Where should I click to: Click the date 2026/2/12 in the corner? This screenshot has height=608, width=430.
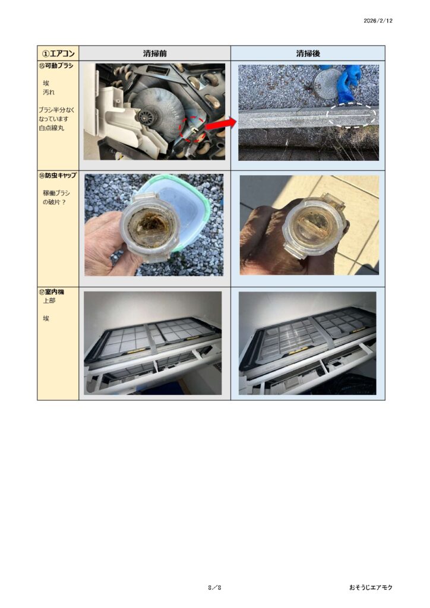pos(378,21)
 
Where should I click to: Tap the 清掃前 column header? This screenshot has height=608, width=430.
pos(154,53)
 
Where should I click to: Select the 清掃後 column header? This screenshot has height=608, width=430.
pos(308,53)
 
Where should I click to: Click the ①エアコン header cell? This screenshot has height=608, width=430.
pos(58,53)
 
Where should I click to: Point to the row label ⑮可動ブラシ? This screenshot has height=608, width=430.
pos(56,66)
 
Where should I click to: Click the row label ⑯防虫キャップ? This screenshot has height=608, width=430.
pos(58,176)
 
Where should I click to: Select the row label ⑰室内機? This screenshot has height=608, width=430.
pos(52,292)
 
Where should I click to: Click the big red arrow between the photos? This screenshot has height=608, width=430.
pos(220,125)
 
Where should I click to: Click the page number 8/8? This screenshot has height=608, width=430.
pos(214,587)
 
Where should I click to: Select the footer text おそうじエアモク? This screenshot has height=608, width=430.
pos(371,587)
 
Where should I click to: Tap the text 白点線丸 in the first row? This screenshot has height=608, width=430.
pos(52,128)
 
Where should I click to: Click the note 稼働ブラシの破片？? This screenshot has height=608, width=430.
pos(56,197)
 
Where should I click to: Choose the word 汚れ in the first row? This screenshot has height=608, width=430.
pos(49,93)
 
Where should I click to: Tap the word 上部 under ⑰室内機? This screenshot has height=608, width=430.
pos(49,301)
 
